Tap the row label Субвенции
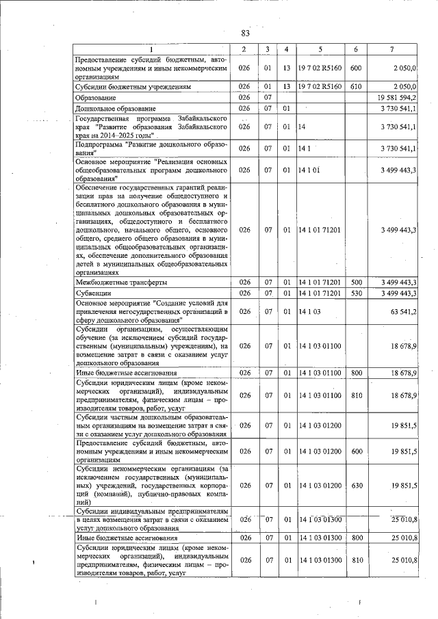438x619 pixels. (x=95, y=293)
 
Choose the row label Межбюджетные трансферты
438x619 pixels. (x=120, y=282)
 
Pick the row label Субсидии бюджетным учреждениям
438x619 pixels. (x=137, y=88)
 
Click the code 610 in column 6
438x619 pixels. (x=355, y=88)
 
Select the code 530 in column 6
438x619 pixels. (x=355, y=293)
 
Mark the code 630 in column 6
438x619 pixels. (x=355, y=485)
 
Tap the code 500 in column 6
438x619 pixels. (x=355, y=282)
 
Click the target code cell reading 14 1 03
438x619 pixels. (x=310, y=311)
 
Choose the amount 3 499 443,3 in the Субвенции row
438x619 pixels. (x=395, y=293)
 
